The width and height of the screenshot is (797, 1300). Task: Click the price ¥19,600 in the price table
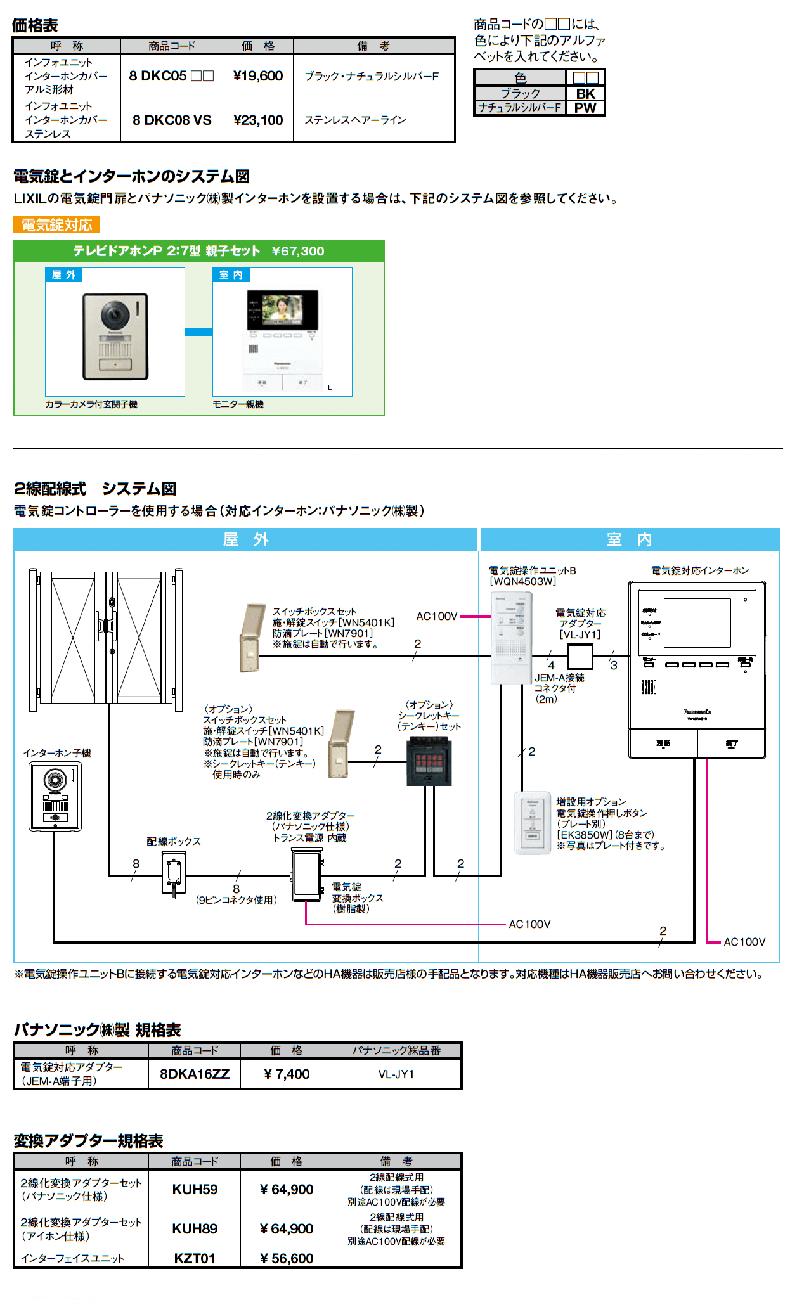(x=258, y=76)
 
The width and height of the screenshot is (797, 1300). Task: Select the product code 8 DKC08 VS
(x=172, y=120)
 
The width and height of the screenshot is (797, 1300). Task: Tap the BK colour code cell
(x=585, y=93)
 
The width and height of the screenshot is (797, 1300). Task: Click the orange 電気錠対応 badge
(x=57, y=225)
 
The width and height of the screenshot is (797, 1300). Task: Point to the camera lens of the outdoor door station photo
(x=114, y=313)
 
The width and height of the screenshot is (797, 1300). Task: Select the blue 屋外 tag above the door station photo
(x=63, y=275)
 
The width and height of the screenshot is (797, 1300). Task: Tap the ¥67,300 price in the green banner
(x=298, y=251)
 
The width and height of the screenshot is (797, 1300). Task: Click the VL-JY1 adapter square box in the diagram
(x=580, y=657)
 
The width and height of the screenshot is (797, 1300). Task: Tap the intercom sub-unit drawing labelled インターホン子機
(x=55, y=796)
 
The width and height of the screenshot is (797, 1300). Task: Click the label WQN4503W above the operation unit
(x=522, y=581)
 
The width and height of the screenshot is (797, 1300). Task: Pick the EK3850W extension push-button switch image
(x=533, y=823)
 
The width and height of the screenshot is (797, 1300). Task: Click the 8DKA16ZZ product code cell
(x=195, y=1074)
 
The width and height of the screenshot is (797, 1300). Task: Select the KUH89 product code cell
(x=195, y=1228)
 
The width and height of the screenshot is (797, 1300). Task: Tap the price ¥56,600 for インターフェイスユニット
(x=287, y=1258)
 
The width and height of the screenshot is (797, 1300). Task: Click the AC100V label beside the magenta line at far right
(x=744, y=942)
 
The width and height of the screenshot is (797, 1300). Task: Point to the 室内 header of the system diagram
(x=629, y=539)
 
